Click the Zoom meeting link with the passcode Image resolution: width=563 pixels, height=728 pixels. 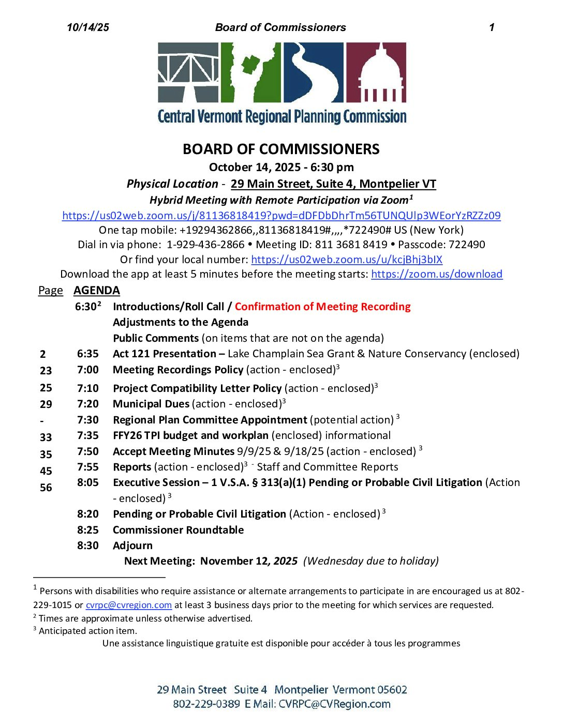[281, 216]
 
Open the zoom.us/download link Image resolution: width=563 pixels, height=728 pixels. [436, 274]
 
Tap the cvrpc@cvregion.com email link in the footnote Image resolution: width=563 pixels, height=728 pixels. [128, 605]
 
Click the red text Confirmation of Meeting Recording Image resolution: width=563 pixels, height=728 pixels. [322, 307]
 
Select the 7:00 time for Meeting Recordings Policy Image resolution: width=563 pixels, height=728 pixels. [87, 370]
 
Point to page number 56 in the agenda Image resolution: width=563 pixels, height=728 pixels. [46, 488]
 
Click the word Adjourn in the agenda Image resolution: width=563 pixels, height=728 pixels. [132, 545]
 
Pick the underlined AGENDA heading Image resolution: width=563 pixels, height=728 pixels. [97, 291]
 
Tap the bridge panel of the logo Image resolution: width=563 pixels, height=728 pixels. [188, 72]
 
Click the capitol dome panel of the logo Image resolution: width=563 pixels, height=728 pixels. [376, 72]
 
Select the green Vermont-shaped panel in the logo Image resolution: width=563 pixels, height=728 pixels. [250, 72]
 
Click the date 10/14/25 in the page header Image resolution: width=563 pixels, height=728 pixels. [88, 27]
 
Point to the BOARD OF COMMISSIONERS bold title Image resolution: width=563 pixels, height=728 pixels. [281, 149]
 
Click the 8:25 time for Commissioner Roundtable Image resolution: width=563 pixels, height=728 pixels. [87, 530]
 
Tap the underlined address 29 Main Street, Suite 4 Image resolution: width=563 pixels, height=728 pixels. [333, 184]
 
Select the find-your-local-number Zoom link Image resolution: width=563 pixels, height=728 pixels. [347, 260]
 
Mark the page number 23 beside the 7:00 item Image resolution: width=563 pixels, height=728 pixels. [46, 371]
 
